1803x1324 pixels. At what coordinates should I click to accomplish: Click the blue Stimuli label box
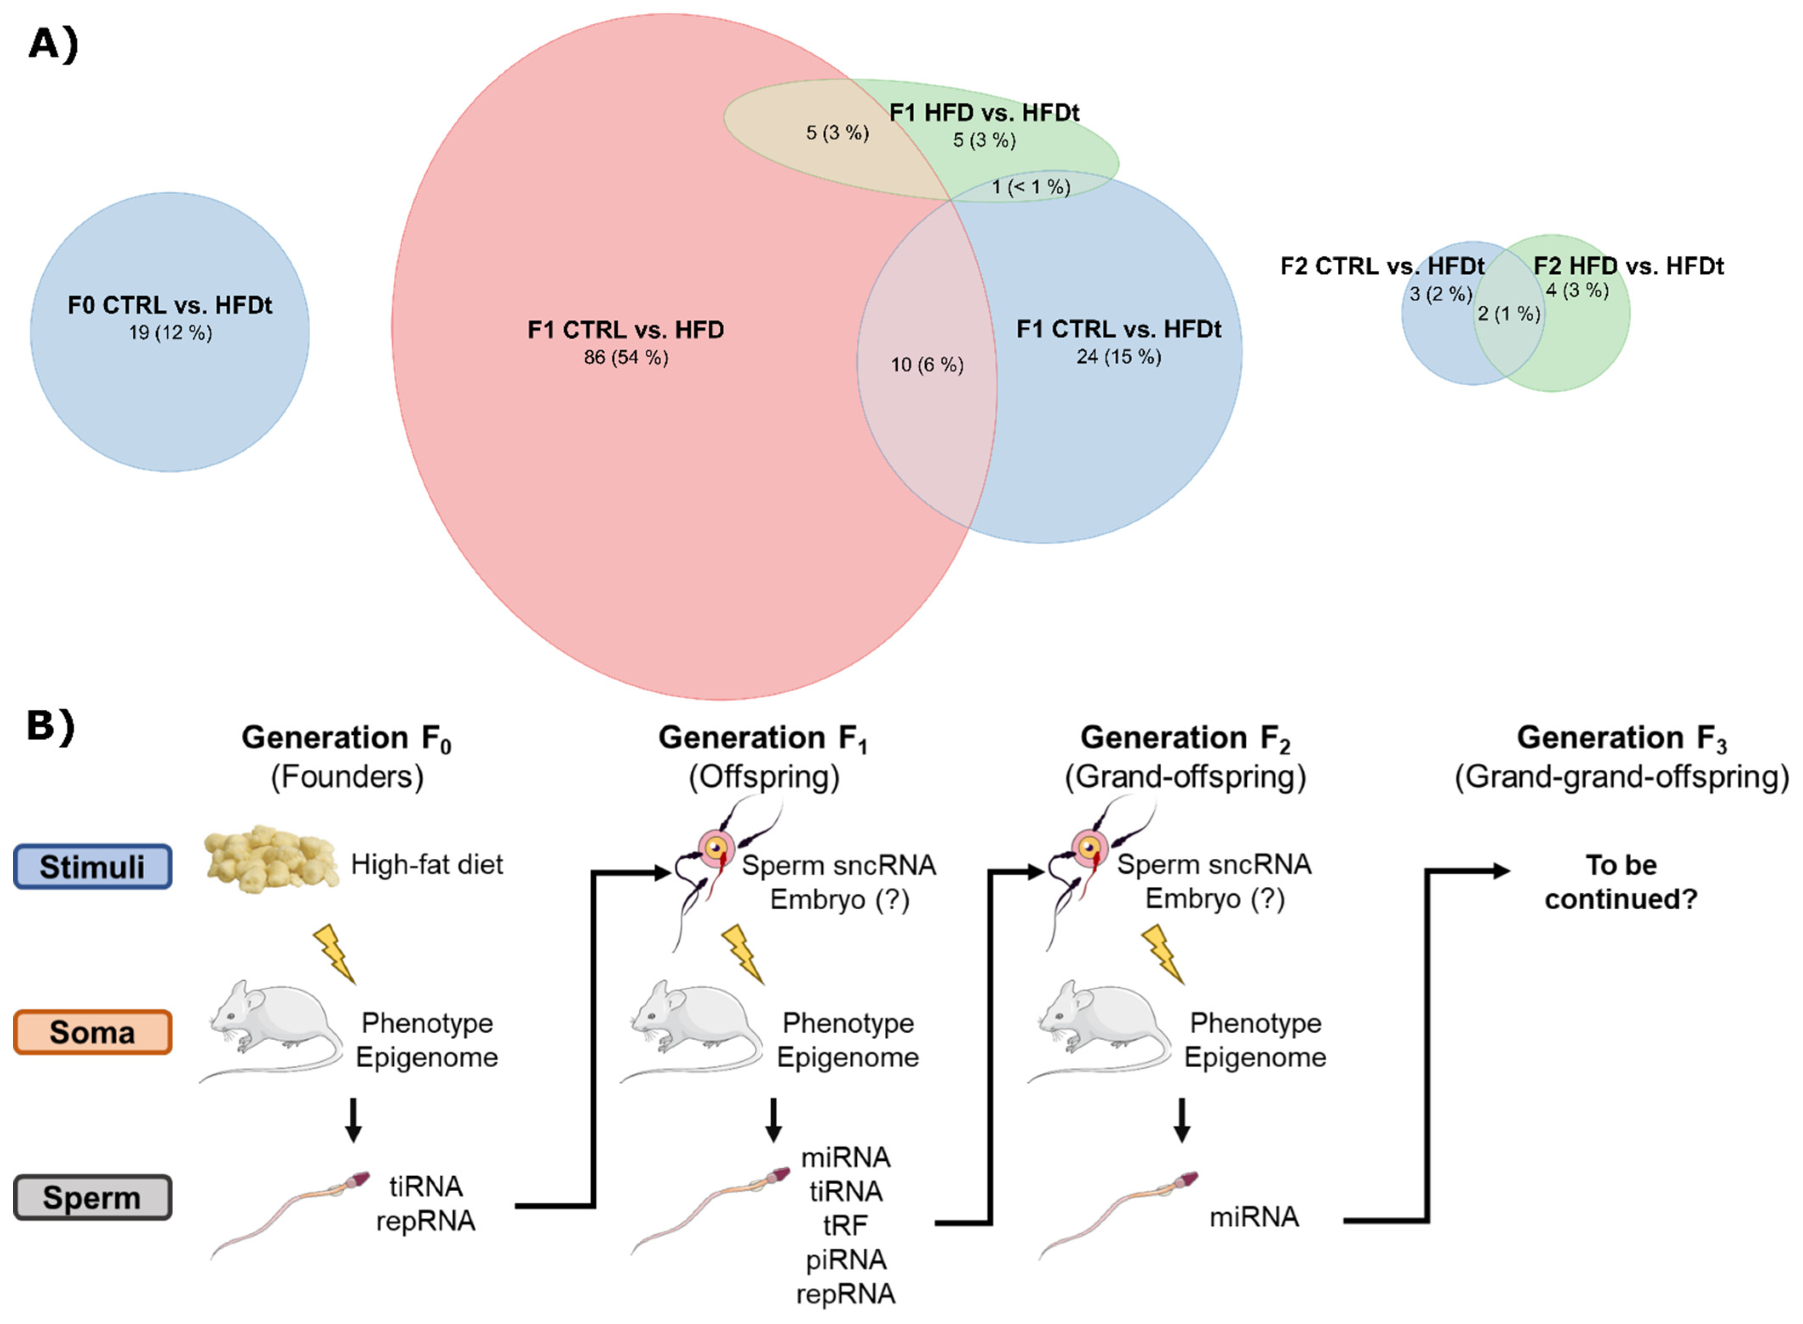pyautogui.click(x=93, y=866)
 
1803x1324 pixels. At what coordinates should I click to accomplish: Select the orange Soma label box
pyautogui.click(x=93, y=1032)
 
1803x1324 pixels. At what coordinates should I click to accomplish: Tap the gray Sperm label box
pyautogui.click(x=93, y=1198)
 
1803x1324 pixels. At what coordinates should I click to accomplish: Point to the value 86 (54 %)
pyautogui.click(x=626, y=358)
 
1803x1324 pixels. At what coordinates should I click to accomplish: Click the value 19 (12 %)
pyautogui.click(x=170, y=332)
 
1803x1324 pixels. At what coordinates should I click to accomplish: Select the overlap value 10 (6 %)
pyautogui.click(x=927, y=365)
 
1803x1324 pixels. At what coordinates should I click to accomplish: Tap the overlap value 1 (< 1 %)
pyautogui.click(x=1030, y=188)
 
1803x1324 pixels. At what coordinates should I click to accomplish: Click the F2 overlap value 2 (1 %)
pyautogui.click(x=1509, y=314)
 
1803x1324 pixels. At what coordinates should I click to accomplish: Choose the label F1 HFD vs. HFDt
pyautogui.click(x=984, y=113)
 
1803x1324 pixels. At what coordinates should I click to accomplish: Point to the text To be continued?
pyautogui.click(x=1621, y=882)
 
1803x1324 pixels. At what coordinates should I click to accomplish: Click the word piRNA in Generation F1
pyautogui.click(x=846, y=1260)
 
